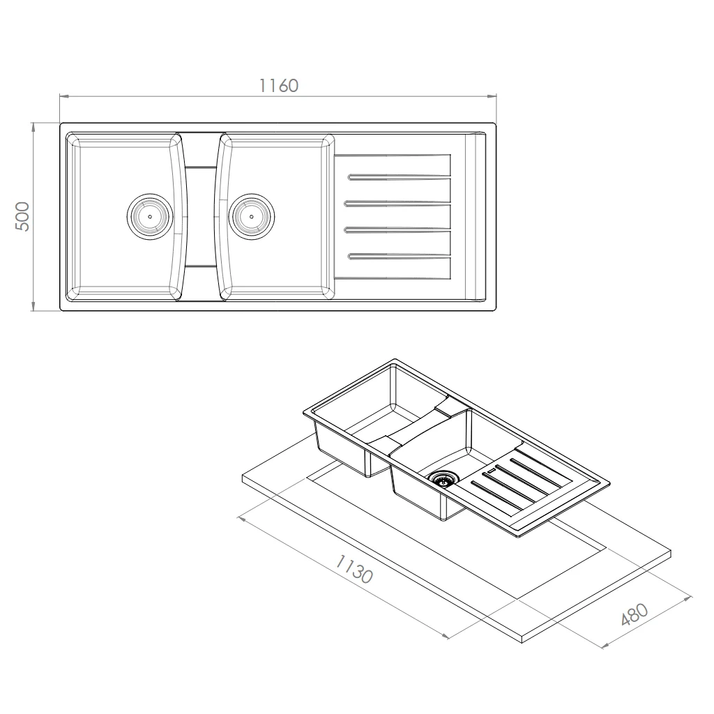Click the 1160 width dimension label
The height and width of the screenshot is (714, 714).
click(x=279, y=86)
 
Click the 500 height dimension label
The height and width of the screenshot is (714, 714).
click(x=22, y=216)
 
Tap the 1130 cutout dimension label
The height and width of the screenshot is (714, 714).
click(x=354, y=569)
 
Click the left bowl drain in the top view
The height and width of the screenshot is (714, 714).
click(x=150, y=216)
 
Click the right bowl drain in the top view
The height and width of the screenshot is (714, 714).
click(x=251, y=216)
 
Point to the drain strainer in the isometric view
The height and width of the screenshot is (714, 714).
click(x=443, y=478)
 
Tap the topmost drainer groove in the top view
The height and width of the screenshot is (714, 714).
click(x=399, y=176)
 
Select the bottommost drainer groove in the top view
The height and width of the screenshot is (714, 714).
click(x=399, y=257)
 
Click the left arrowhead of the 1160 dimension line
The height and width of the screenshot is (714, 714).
click(x=64, y=96)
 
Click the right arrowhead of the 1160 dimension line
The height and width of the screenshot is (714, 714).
click(x=492, y=96)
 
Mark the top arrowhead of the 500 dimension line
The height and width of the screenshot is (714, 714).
click(x=33, y=128)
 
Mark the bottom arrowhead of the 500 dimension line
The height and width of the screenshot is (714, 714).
click(x=33, y=306)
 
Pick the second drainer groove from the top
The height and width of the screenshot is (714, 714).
click(x=397, y=203)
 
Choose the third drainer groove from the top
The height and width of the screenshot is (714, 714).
click(x=397, y=230)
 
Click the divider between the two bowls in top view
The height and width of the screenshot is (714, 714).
click(x=201, y=216)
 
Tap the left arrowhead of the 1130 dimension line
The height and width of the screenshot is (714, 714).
click(x=242, y=519)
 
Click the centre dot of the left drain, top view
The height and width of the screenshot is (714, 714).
click(x=150, y=216)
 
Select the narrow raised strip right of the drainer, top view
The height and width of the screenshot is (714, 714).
click(x=475, y=216)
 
